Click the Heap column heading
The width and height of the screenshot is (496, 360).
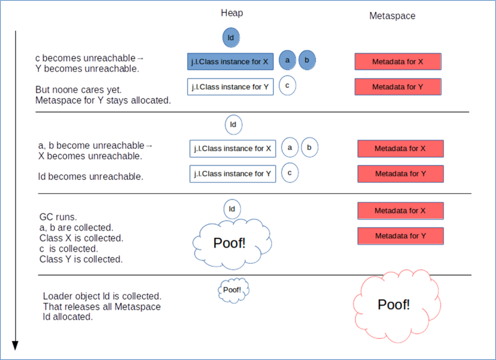click(232, 13)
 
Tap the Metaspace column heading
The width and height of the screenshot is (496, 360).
click(392, 16)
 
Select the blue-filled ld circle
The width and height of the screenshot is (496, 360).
click(232, 38)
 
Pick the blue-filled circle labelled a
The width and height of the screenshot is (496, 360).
click(287, 59)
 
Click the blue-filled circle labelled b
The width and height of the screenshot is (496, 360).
click(307, 59)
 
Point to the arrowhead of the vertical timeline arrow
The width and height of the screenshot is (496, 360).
click(16, 346)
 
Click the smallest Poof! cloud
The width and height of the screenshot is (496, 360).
click(233, 290)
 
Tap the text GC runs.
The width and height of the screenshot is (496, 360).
click(58, 216)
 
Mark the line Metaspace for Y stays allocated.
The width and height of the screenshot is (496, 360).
click(103, 100)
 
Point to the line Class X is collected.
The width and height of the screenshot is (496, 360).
click(81, 238)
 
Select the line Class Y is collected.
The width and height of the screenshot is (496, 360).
click(81, 259)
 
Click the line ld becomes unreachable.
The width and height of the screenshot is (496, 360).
click(90, 177)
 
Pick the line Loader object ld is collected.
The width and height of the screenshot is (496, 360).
click(102, 296)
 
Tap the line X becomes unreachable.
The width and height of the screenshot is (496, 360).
click(90, 156)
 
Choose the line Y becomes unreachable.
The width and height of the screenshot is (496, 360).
click(87, 68)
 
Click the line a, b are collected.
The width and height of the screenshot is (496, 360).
click(76, 227)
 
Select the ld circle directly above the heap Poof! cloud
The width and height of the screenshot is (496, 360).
click(232, 209)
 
